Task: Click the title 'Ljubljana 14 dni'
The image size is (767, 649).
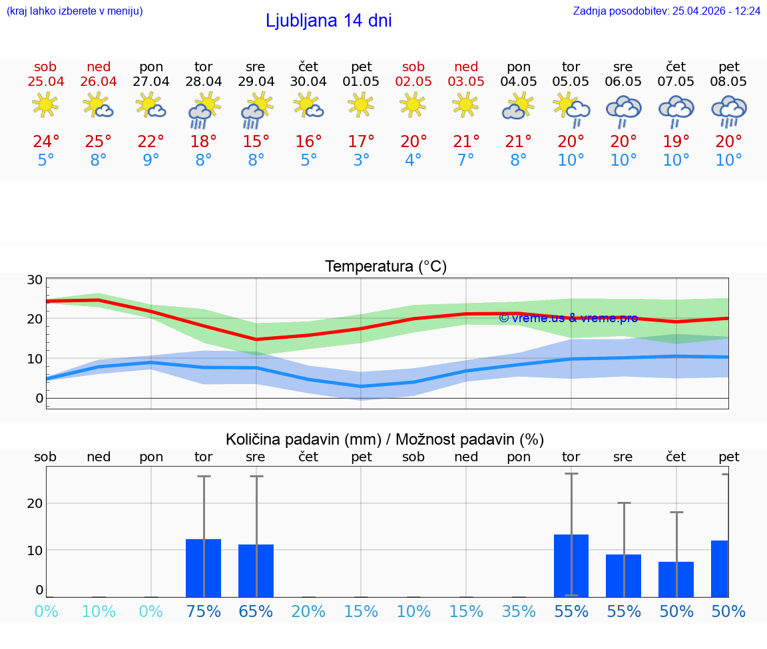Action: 328,21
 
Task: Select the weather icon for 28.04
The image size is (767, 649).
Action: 204,110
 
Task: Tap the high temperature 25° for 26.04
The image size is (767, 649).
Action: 98,142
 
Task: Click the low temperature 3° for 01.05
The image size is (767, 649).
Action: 362,160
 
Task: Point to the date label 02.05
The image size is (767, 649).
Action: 413,82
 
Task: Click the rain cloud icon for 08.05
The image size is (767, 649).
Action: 729,110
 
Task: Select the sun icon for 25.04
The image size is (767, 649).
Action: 45,105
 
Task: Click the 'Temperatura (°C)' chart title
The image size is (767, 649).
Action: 385,267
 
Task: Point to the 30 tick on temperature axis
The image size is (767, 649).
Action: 35,280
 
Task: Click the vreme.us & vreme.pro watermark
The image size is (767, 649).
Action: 568,318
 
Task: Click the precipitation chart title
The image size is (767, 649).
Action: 385,439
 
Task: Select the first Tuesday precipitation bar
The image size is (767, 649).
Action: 203,568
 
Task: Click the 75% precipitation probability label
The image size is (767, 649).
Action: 203,612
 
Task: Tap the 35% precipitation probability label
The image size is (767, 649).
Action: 519,612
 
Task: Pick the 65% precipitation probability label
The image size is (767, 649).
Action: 256,612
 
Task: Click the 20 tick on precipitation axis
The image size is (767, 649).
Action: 35,503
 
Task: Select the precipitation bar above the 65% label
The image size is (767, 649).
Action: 256,570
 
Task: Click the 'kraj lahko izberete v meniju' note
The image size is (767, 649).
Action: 75,11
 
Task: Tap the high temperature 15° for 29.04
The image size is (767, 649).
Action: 256,142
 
